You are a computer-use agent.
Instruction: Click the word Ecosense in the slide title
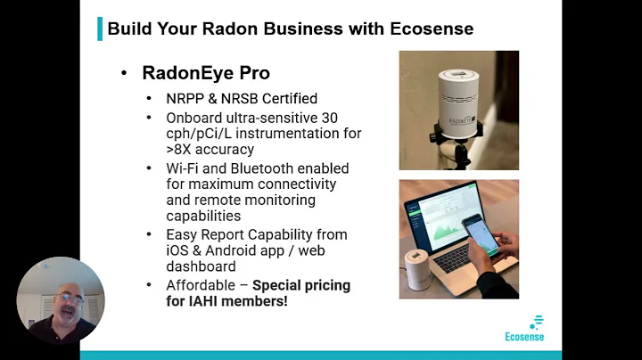tap(432, 29)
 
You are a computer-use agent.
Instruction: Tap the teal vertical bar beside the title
tap(100, 29)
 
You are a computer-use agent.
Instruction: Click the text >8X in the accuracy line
tap(181, 150)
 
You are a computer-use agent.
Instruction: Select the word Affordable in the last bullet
tap(201, 286)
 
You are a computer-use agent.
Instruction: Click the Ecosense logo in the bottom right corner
tap(524, 329)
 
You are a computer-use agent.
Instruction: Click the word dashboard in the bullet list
tap(201, 266)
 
